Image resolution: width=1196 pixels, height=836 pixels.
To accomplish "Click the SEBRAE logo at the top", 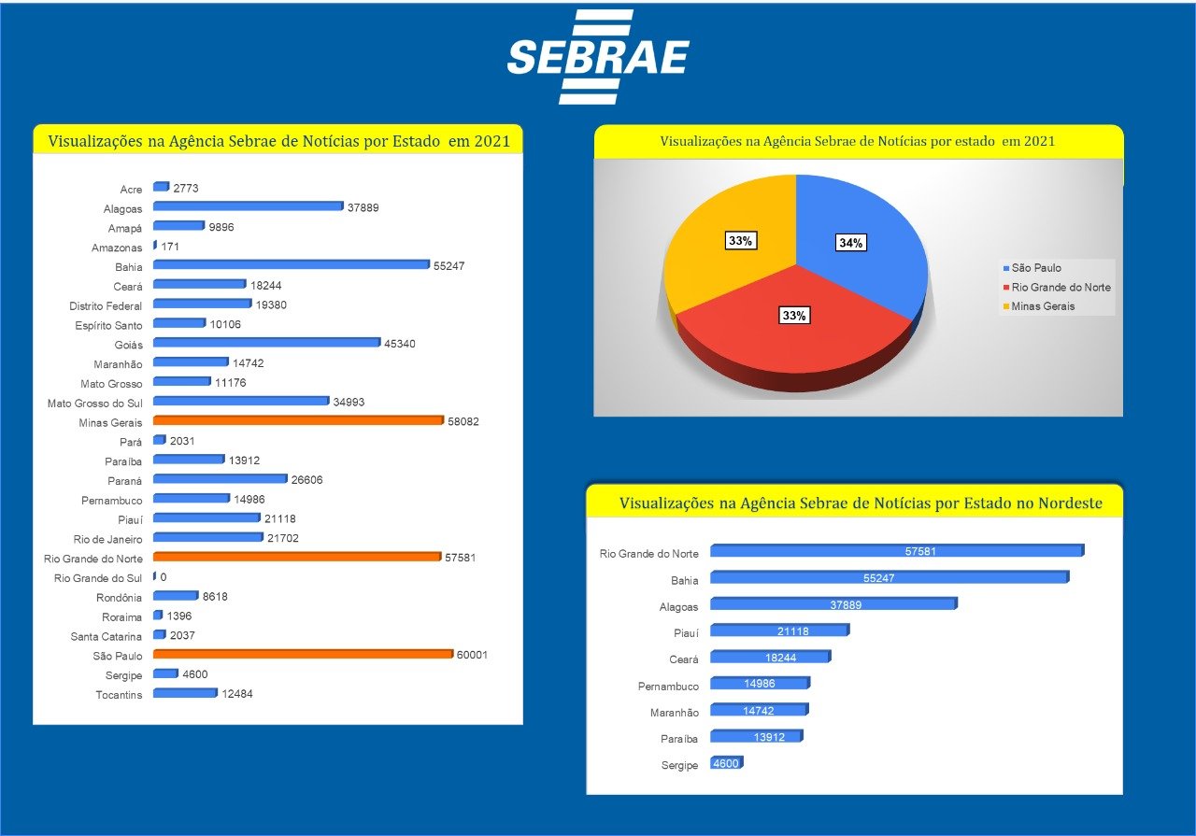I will [x=598, y=58].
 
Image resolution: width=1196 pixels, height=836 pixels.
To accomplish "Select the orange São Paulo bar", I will [x=302, y=654].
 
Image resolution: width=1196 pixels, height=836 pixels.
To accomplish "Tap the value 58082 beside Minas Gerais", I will [x=463, y=422].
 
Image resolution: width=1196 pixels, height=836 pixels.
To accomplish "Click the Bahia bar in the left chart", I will [x=290, y=265].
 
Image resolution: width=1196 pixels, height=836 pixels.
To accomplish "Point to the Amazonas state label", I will [x=118, y=248].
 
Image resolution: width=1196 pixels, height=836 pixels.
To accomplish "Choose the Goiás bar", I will [x=266, y=343].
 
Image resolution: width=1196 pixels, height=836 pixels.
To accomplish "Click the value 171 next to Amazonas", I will [x=170, y=248].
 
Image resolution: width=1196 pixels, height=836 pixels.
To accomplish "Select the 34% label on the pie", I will [x=851, y=243].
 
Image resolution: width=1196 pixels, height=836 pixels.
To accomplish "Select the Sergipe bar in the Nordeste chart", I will [x=726, y=763].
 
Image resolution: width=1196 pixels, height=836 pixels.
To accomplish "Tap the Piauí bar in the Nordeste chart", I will [x=778, y=631].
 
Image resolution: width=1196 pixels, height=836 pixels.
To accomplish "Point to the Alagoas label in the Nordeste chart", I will [x=678, y=607].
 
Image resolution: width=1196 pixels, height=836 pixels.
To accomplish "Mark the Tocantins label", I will [x=120, y=694].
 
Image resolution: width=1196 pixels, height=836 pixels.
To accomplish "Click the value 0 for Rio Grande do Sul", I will [x=164, y=577].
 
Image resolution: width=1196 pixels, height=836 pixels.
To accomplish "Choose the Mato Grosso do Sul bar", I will [x=240, y=402].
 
